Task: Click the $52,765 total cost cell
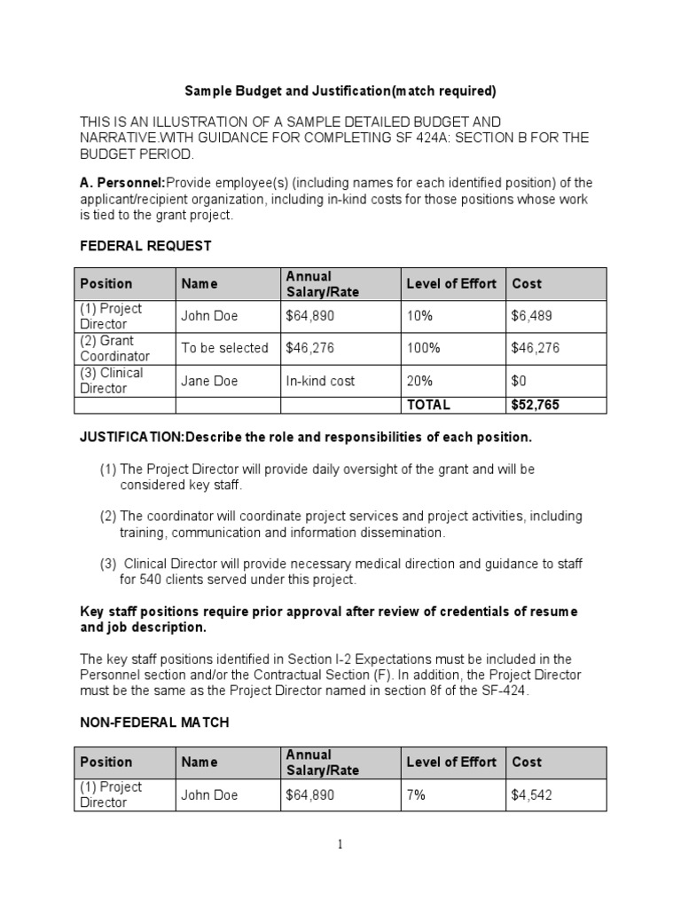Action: [x=536, y=405]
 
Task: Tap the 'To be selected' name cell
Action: [x=224, y=348]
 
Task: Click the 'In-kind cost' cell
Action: [x=320, y=381]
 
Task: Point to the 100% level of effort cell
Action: [x=424, y=348]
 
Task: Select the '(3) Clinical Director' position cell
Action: [x=112, y=381]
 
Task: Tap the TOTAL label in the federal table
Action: [x=428, y=405]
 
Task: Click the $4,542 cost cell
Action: [x=531, y=795]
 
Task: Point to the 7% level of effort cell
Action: [x=416, y=795]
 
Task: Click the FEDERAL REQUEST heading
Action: [x=145, y=245]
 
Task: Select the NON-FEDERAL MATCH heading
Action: [x=154, y=723]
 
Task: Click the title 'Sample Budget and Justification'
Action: [x=340, y=91]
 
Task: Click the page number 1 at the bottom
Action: [x=340, y=845]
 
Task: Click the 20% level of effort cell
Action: [x=419, y=381]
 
